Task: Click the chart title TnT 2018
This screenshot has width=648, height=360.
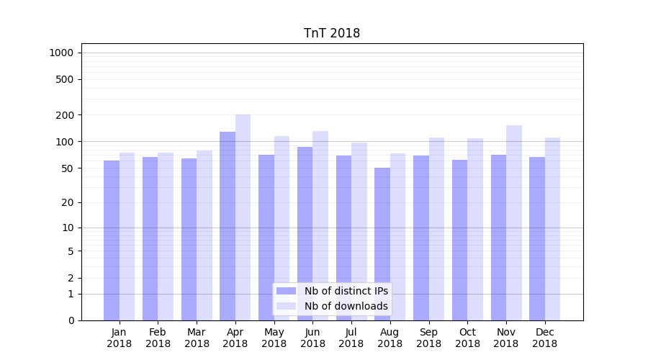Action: click(332, 33)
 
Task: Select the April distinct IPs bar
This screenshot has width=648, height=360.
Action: click(228, 223)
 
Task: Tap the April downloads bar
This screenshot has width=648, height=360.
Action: click(243, 216)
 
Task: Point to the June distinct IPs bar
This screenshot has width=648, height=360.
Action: click(305, 230)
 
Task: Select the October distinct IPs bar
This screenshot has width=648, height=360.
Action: click(459, 238)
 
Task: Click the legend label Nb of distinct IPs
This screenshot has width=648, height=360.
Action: click(346, 291)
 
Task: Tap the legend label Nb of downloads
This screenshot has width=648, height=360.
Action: click(346, 306)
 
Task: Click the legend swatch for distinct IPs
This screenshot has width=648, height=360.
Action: click(287, 291)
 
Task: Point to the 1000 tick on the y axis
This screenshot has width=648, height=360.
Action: click(60, 53)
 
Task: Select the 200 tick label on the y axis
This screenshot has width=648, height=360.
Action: click(64, 115)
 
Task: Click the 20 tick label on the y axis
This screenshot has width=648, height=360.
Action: click(67, 202)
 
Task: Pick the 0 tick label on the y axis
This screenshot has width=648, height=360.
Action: click(71, 320)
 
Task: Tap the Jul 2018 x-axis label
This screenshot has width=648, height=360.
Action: click(351, 338)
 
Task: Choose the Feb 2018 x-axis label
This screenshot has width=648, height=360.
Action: click(158, 338)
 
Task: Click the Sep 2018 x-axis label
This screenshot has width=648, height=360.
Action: click(428, 338)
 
